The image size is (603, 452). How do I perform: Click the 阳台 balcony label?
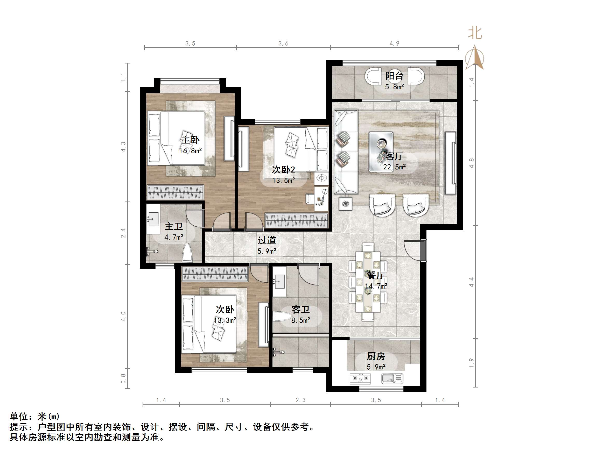394,76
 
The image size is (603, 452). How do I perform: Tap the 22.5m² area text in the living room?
394,167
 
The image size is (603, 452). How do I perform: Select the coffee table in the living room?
381,152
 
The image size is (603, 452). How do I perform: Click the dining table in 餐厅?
368,282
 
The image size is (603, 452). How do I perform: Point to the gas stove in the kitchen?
360,378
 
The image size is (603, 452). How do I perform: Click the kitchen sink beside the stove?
392,378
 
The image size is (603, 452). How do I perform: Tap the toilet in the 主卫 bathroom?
187,253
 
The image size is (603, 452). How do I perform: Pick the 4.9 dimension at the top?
394,44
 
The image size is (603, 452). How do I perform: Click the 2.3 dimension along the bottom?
300,400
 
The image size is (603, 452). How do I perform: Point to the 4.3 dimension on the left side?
123,147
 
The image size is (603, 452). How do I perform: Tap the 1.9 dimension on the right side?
471,363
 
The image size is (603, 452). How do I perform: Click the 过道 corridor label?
267,240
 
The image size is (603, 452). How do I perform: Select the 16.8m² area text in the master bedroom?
190,150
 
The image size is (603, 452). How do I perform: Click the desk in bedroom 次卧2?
321,199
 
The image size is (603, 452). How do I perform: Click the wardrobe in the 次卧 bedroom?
215,274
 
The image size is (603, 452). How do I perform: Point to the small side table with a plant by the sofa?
345,204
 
